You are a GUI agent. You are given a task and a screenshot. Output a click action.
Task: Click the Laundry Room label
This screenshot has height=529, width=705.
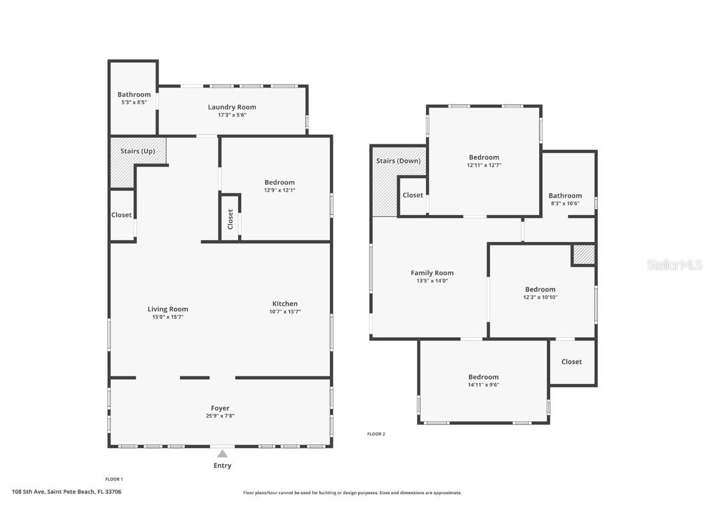pos(232,107)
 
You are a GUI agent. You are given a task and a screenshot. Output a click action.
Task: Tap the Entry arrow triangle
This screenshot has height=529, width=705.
pos(222,454)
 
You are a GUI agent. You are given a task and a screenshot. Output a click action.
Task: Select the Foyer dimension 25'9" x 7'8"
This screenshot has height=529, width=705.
pos(220,416)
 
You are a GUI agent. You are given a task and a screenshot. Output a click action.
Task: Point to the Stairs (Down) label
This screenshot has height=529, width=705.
pos(398,161)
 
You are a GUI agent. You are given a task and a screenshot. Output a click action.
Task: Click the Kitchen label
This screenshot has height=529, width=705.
pos(285,304)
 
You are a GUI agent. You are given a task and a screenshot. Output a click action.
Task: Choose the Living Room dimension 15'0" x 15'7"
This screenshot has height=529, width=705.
pos(168,317)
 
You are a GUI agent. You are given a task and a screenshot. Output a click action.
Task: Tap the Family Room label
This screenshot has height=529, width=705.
pos(432,273)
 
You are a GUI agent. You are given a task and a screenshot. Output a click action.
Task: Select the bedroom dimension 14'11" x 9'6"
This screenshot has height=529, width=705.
pos(483,385)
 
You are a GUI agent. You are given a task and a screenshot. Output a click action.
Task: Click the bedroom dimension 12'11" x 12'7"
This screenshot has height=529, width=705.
pos(484,165)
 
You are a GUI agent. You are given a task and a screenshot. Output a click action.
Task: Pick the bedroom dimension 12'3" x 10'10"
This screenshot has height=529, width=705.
pos(540,298)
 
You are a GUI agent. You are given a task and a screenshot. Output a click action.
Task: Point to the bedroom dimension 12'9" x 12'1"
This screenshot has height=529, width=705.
pos(280,190)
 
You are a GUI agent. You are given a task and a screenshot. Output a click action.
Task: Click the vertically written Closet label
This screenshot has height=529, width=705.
pos(230,219)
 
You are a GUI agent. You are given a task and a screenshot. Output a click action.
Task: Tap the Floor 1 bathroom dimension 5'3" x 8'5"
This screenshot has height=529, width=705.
pos(134,102)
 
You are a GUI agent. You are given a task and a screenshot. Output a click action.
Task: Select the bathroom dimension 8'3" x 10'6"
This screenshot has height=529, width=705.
pos(565,204)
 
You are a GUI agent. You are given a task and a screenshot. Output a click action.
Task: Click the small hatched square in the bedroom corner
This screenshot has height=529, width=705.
pos(583,255)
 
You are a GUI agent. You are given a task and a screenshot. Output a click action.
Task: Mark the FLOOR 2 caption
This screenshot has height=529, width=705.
pos(376,434)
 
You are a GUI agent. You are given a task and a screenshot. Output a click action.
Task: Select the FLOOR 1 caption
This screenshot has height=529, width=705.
pos(114,479)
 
